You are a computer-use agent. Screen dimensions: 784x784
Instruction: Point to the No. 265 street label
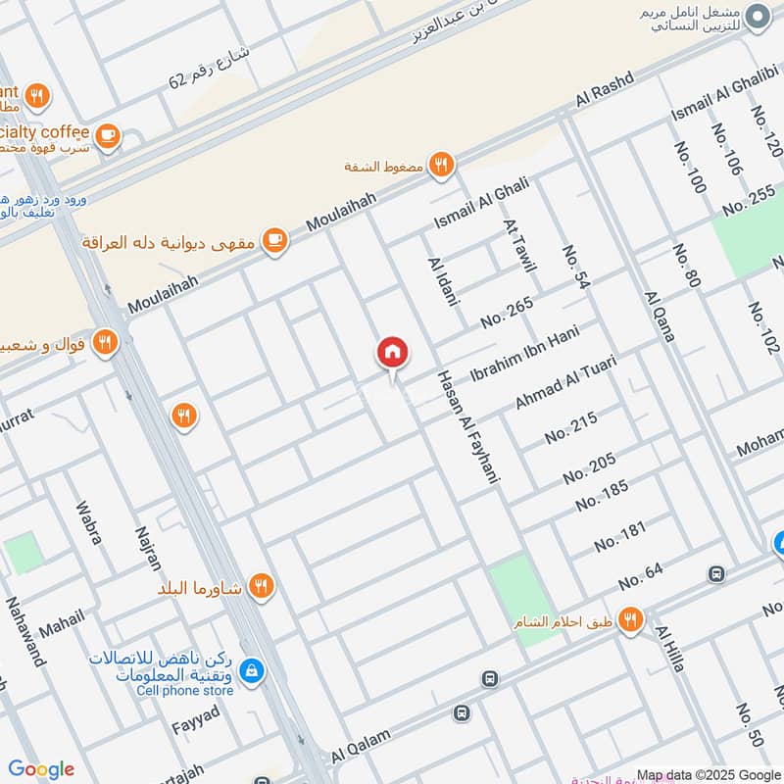tap(507, 312)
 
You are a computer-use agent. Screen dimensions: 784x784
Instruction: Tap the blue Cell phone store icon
tap(253, 670)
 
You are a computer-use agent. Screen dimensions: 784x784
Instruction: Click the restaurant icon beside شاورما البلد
tap(261, 587)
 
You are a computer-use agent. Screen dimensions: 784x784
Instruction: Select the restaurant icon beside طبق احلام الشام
tap(631, 620)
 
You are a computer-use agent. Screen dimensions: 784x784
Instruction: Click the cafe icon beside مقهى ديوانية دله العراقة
tap(275, 241)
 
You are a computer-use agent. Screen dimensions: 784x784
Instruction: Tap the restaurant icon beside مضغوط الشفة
tap(443, 166)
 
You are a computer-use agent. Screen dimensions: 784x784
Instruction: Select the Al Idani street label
tap(443, 282)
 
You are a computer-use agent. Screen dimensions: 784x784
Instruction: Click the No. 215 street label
tap(570, 427)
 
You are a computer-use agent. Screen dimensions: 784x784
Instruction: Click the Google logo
tap(41, 769)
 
